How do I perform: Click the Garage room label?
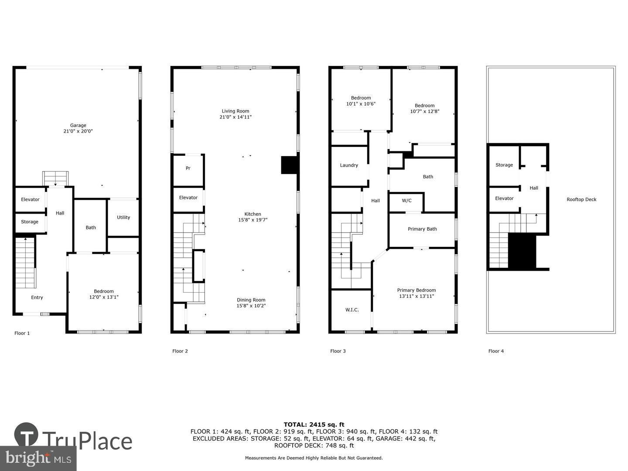[x=78, y=126]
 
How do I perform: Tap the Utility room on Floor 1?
[x=123, y=217]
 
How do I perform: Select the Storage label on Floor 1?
[x=30, y=222]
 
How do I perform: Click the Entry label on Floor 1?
[x=37, y=297]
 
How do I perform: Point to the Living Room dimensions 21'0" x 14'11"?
[x=235, y=117]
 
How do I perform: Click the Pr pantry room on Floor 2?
[x=188, y=168]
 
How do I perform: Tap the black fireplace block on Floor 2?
[x=289, y=165]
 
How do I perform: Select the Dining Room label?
[x=251, y=300]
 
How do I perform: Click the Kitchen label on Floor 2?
[x=253, y=214]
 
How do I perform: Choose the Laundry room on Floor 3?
[x=349, y=165]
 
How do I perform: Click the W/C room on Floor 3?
[x=406, y=201]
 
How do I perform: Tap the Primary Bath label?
[x=422, y=229]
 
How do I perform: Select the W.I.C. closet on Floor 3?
[x=352, y=310]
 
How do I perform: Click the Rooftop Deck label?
[x=581, y=200]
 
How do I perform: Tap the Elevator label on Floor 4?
[x=504, y=198]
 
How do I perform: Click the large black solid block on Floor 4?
[x=522, y=251]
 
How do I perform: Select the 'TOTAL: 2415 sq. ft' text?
[x=314, y=424]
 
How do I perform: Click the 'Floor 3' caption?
[x=338, y=351]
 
